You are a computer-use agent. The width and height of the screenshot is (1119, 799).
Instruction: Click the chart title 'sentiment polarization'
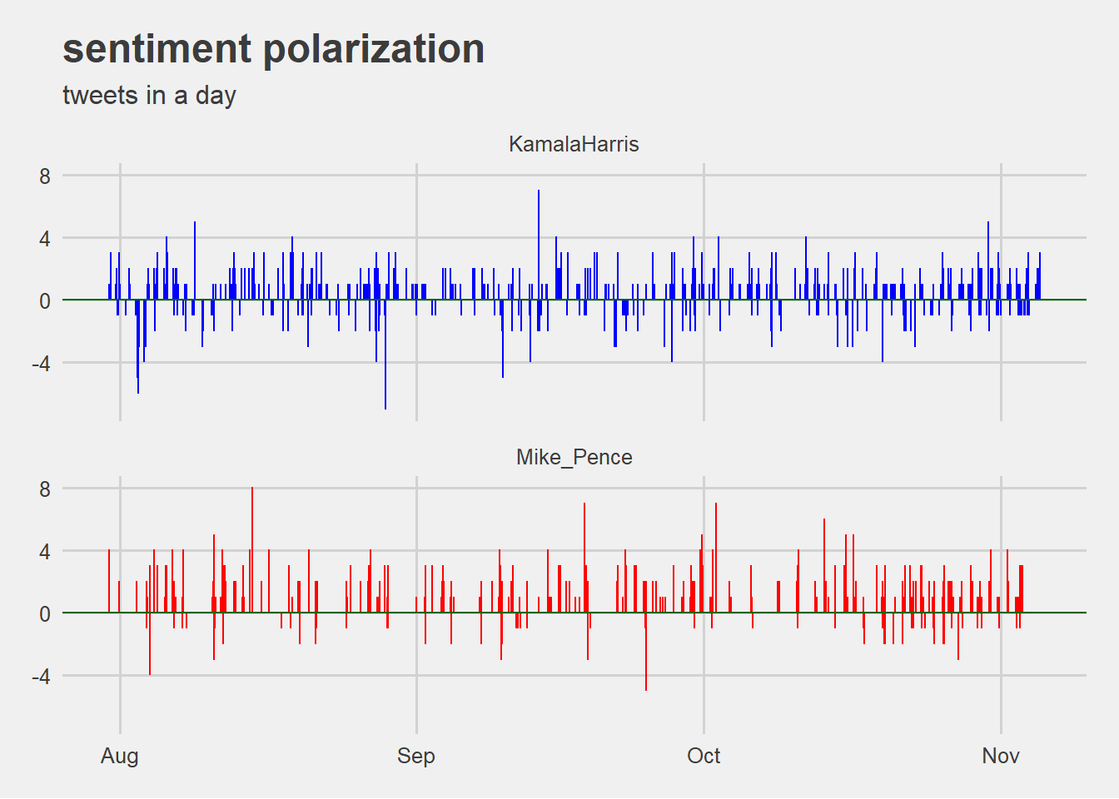pos(273,49)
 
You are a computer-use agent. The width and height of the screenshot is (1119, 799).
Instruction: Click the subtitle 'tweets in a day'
pos(149,96)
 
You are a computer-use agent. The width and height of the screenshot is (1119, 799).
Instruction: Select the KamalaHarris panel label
pos(574,144)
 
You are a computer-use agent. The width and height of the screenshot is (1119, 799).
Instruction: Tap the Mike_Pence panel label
pos(574,457)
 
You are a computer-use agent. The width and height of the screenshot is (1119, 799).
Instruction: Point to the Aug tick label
pos(120,756)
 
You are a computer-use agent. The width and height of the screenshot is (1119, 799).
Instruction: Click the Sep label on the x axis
pos(415,756)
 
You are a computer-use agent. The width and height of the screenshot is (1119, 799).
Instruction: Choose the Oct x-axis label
pos(704,756)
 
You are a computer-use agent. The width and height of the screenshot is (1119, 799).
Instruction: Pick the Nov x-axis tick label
pos(1000,756)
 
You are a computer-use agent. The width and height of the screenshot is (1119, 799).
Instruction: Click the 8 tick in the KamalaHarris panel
pos(45,176)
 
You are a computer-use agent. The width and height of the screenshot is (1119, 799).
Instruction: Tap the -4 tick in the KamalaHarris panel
pos(41,364)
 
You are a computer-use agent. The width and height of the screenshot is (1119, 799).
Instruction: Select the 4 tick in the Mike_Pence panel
pos(45,552)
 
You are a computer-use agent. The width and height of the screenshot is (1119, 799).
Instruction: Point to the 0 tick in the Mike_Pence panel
pos(45,614)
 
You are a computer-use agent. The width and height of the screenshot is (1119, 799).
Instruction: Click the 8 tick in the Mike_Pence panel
pos(45,489)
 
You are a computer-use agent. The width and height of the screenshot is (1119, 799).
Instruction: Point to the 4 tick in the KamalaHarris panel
pos(45,239)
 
